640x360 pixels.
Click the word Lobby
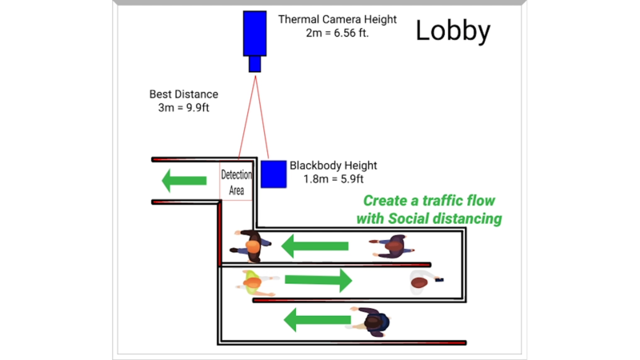click(x=453, y=30)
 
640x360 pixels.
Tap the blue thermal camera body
click(x=255, y=33)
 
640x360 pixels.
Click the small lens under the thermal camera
click(x=254, y=63)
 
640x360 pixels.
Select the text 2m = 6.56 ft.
click(x=337, y=34)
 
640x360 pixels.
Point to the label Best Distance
click(x=183, y=94)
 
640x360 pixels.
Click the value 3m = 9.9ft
click(x=183, y=107)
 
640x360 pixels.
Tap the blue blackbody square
click(x=274, y=174)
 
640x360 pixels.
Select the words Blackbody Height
click(x=333, y=166)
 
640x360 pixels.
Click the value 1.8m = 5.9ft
click(x=334, y=179)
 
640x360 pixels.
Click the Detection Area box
click(x=237, y=182)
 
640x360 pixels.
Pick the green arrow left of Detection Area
click(x=184, y=181)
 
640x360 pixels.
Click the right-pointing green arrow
click(x=318, y=280)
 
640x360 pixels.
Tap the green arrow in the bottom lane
click(x=316, y=321)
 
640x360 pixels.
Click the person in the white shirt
click(x=421, y=281)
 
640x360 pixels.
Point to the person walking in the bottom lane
click(x=372, y=321)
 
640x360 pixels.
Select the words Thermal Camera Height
click(x=337, y=18)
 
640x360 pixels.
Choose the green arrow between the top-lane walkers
click(x=314, y=246)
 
